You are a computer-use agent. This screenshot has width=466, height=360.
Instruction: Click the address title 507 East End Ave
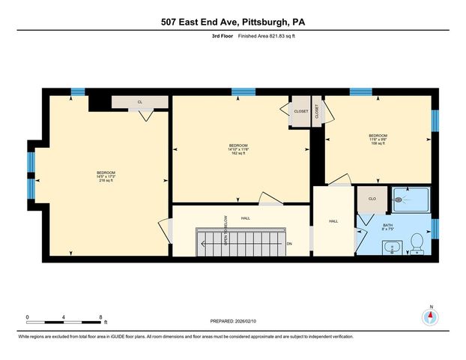pos(233,22)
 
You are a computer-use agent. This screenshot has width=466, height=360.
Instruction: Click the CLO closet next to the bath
pos(371,199)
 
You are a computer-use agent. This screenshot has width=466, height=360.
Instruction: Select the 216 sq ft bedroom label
pos(106,177)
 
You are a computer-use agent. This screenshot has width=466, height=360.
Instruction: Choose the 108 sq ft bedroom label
pos(378,139)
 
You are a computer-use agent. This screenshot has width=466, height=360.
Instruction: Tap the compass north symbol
pos(430,317)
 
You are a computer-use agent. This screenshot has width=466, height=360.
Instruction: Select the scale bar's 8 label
pos(101,317)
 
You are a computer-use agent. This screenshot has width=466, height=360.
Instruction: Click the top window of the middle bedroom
pos(242,92)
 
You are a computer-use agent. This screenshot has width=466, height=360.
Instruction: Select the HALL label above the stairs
pos(245,218)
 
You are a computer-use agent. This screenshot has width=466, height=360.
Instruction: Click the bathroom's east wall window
pos(435,228)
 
